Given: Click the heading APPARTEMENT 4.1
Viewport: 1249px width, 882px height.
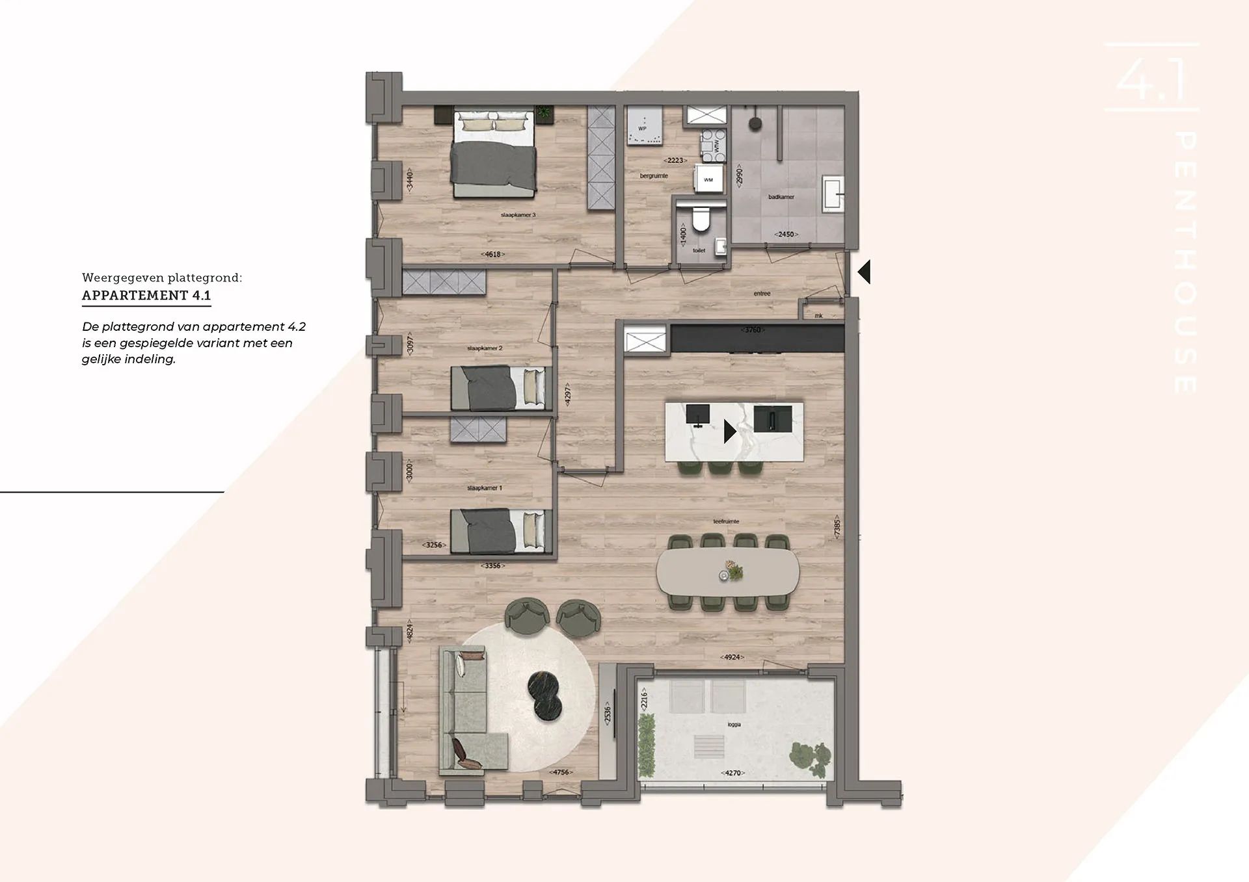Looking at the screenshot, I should pyautogui.click(x=146, y=295).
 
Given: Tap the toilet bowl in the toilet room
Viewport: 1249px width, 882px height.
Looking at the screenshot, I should pyautogui.click(x=701, y=220).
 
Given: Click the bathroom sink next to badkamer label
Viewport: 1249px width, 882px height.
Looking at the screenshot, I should pyautogui.click(x=832, y=193).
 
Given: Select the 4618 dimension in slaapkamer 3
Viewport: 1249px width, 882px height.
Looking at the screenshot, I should pyautogui.click(x=492, y=254).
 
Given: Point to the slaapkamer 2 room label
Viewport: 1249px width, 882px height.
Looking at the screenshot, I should pyautogui.click(x=485, y=348).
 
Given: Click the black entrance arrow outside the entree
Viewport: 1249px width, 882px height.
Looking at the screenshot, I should pyautogui.click(x=864, y=272).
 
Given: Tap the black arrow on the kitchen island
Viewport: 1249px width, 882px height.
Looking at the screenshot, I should pyautogui.click(x=730, y=432).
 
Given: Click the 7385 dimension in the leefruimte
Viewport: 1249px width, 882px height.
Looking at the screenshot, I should pyautogui.click(x=837, y=527).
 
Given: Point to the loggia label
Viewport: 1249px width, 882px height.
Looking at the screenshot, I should pyautogui.click(x=734, y=724).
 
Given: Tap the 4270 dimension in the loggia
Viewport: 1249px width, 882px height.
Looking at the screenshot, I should pyautogui.click(x=732, y=773).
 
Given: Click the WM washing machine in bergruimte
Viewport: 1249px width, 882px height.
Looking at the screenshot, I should pyautogui.click(x=708, y=179).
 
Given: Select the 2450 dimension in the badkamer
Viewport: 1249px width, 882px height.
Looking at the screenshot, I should pyautogui.click(x=786, y=234).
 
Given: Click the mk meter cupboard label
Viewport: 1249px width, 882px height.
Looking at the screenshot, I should pyautogui.click(x=818, y=316).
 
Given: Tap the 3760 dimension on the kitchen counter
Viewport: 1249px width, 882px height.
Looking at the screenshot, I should pyautogui.click(x=752, y=330).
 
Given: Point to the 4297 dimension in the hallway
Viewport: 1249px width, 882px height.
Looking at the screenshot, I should pyautogui.click(x=567, y=395).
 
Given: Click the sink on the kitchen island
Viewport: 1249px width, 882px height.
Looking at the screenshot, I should pyautogui.click(x=773, y=419).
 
